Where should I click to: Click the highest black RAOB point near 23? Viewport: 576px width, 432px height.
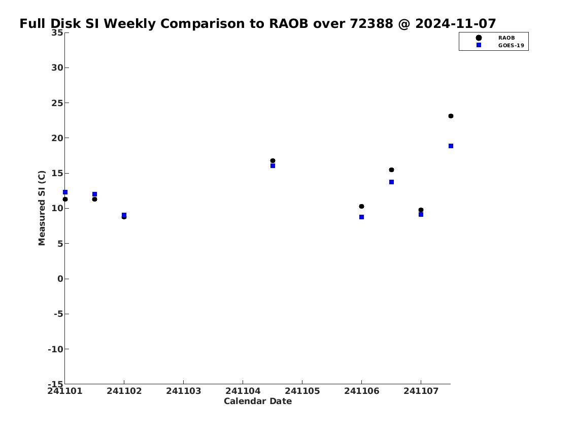451,116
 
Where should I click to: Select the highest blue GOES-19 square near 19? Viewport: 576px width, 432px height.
451,146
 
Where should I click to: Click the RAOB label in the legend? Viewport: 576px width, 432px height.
506,38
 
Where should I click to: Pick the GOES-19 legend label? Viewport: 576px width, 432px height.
511,46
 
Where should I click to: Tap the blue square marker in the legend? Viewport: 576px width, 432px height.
479,45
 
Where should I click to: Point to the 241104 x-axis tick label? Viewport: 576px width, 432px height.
243,391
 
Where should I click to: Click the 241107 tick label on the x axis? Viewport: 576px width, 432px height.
421,391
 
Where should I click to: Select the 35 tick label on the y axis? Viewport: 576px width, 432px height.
57,32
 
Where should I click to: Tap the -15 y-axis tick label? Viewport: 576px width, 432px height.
55,384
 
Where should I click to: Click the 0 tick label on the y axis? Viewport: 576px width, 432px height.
60,279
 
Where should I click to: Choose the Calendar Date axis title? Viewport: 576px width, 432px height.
257,401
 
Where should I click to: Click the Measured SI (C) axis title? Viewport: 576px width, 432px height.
42,208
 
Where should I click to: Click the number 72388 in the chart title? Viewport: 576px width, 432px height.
372,23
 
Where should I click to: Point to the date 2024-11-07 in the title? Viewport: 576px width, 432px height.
456,23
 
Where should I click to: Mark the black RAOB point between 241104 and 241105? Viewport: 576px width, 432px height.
273,161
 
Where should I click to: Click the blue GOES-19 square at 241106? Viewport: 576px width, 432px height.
361,217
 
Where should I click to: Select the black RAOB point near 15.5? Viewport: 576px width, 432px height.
391,170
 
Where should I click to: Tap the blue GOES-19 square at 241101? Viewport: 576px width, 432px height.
65,192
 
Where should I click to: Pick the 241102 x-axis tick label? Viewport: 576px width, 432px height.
124,391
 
